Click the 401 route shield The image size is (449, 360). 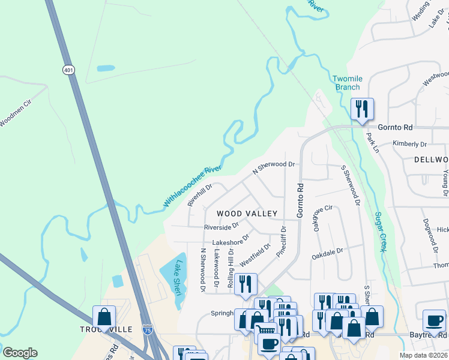pyautogui.click(x=68, y=70)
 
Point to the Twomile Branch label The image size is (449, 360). pyautogui.click(x=348, y=83)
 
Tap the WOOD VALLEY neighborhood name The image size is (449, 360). pyautogui.click(x=247, y=214)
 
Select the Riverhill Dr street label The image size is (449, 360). pyautogui.click(x=200, y=195)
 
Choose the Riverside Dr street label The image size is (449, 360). pyautogui.click(x=221, y=227)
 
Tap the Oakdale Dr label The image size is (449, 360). pyautogui.click(x=327, y=254)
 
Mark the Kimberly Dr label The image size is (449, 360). pyautogui.click(x=409, y=144)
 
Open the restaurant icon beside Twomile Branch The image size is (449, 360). pyautogui.click(x=362, y=109)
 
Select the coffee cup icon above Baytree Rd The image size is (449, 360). pyautogui.click(x=434, y=320)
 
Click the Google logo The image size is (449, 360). pyautogui.click(x=20, y=353)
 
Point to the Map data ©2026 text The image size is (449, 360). pyautogui.click(x=423, y=355)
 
